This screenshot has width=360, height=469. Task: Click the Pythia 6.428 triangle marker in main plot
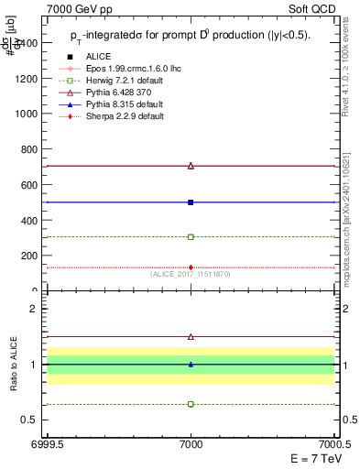point(191,166)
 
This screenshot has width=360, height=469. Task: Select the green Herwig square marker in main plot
point(191,236)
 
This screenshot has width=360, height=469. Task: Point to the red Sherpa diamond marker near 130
point(191,267)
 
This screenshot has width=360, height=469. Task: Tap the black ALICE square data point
point(191,202)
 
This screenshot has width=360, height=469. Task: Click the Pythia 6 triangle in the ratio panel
point(191,336)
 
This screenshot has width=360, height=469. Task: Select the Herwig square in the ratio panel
point(191,404)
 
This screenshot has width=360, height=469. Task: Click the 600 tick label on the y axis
point(30,184)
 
